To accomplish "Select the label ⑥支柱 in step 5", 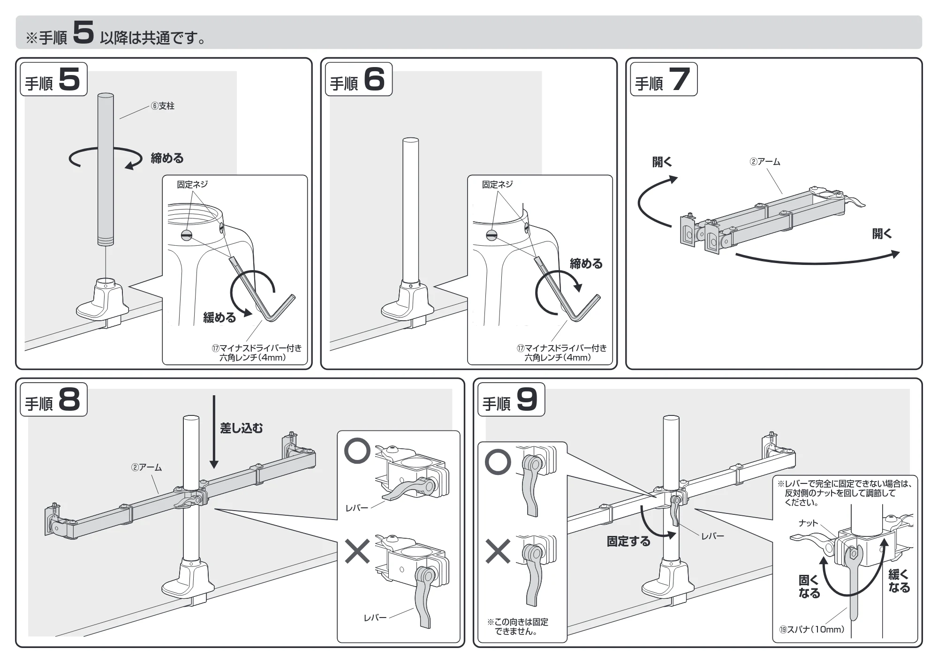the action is coord(162,106).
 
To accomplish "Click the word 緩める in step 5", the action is coord(219,317).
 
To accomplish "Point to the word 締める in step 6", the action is coord(586,264).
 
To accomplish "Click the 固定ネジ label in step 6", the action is coord(497,184).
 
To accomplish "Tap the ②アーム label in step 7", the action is coord(765,162).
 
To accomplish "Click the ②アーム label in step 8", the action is coord(146,467).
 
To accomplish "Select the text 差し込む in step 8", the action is coord(242,428).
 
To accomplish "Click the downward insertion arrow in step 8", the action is coord(214,432).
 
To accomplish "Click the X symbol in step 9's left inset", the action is coord(498,551).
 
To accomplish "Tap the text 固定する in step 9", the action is coord(628,542).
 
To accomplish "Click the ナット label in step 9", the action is coord(808,523).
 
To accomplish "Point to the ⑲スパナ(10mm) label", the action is coord(812,629).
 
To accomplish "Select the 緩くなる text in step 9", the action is coord(899,581).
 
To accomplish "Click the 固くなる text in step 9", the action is coord(809,587).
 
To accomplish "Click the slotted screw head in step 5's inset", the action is coord(187,235).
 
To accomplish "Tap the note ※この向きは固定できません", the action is coord(518,626).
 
